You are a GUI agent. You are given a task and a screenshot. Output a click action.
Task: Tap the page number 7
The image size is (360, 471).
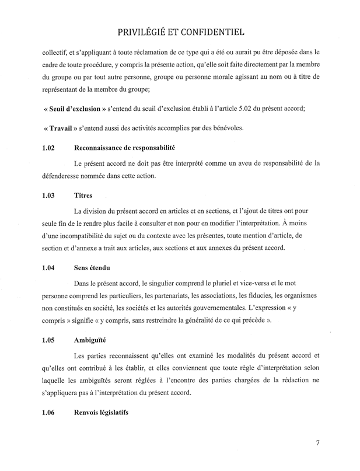tap(318, 442)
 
